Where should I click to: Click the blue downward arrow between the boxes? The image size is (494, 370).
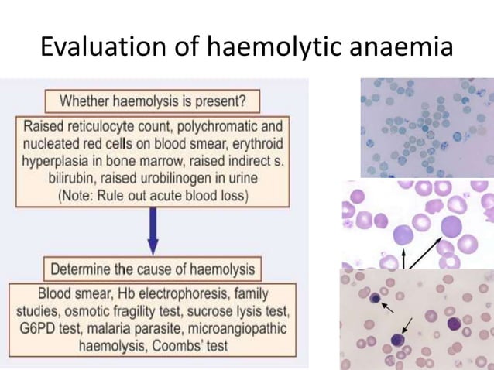153,233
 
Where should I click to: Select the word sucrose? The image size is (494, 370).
221,312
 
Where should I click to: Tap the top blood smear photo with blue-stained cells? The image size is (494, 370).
426,127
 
